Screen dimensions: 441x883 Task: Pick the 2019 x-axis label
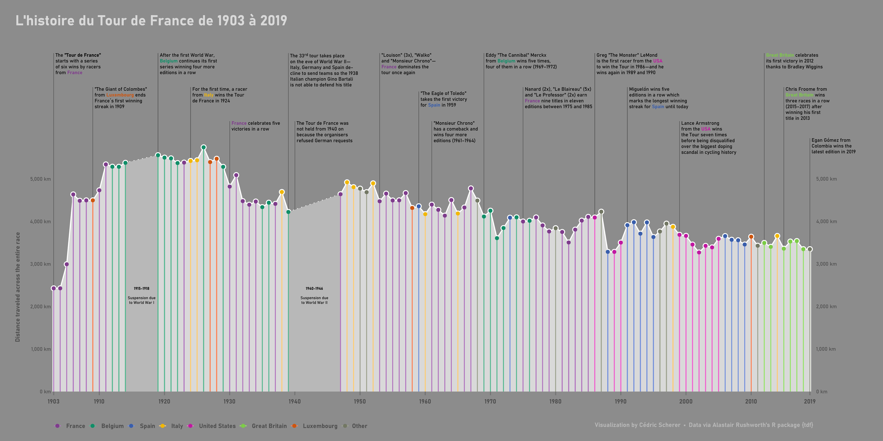[810, 401]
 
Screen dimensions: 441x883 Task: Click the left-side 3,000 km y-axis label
[40, 264]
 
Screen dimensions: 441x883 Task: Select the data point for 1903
[54, 288]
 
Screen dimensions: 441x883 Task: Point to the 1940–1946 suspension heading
[314, 289]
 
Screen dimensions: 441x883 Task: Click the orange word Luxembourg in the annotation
[120, 95]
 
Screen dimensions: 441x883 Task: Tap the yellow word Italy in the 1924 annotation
[209, 95]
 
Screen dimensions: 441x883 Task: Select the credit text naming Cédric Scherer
[637, 425]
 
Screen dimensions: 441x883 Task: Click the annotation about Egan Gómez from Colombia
[833, 146]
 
